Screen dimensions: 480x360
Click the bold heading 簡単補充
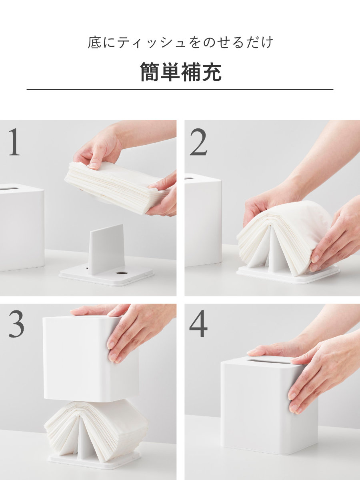coord(180,72)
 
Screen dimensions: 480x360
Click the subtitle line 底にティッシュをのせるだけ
coord(180,42)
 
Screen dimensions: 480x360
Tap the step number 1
coord(14,142)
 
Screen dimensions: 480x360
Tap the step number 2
coord(198,142)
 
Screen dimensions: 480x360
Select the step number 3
coord(16,325)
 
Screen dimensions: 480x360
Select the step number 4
coord(198,325)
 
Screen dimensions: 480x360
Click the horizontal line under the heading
coord(180,89)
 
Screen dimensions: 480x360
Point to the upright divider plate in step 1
coord(106,248)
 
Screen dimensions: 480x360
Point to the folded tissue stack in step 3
coord(96,426)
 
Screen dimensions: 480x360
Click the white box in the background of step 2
coord(202,220)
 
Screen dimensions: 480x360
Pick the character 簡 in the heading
coord(150,72)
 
